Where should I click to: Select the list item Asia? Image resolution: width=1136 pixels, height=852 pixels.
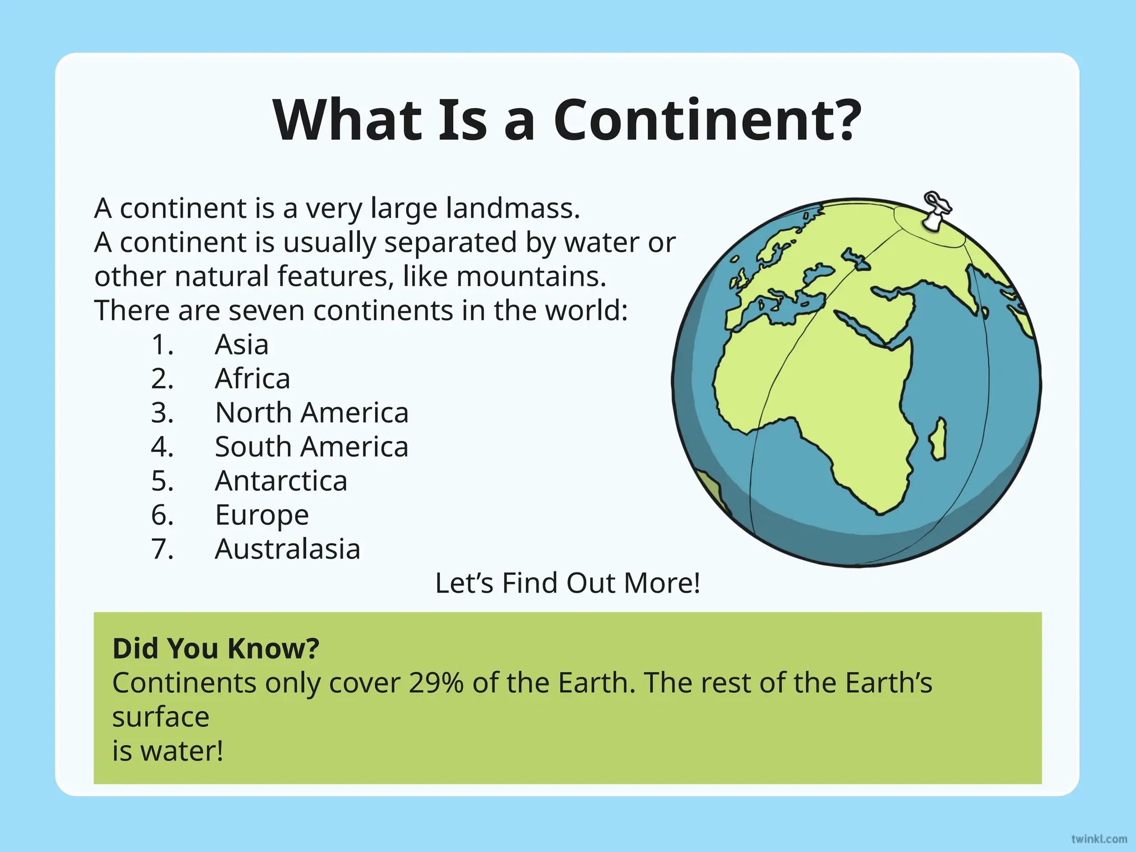click(x=242, y=344)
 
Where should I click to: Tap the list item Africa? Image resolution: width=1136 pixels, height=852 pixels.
click(x=252, y=379)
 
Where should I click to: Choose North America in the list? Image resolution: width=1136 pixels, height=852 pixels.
click(x=312, y=413)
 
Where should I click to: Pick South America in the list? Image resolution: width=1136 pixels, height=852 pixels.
click(x=312, y=447)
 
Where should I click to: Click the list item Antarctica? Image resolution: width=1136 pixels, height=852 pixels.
click(x=281, y=481)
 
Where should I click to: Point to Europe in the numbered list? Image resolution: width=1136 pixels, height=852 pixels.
click(x=262, y=515)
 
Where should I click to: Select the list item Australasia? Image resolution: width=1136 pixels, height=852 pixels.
click(x=287, y=549)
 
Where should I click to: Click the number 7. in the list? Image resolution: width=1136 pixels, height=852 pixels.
click(x=163, y=549)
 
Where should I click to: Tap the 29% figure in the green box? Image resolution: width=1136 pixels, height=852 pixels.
click(x=436, y=683)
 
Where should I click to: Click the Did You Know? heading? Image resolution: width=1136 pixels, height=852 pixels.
click(x=216, y=648)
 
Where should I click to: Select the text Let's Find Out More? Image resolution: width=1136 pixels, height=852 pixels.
click(x=567, y=583)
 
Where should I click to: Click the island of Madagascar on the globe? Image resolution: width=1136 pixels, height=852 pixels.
click(x=938, y=439)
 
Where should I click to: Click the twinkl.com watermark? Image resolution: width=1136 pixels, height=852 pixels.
click(x=1099, y=839)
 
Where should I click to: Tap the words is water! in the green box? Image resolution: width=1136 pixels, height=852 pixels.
click(x=168, y=752)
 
